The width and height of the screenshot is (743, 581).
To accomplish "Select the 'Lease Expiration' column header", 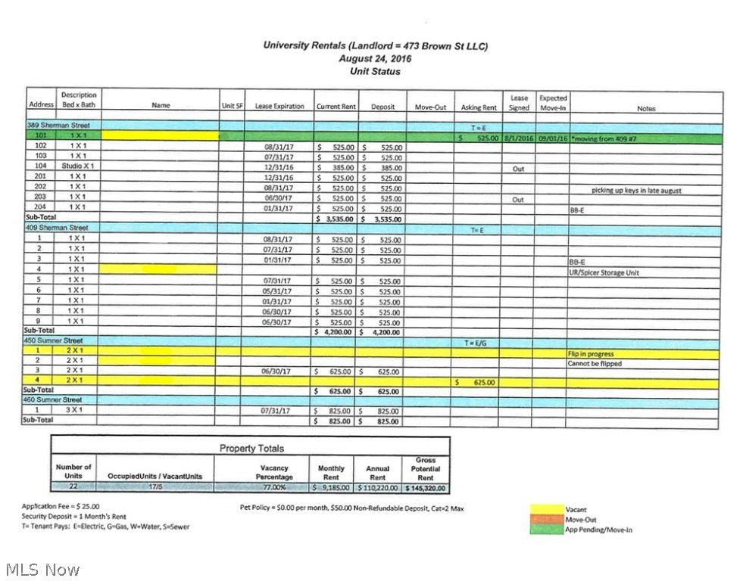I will point(279,107).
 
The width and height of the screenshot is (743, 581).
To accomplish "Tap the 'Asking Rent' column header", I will point(479,107).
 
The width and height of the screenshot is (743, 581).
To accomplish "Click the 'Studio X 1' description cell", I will point(78,166).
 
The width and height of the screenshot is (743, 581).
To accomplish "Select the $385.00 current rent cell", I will point(336,168).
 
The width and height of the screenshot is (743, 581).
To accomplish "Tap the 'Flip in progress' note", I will point(591,354).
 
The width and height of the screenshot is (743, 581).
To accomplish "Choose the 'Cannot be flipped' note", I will point(595,364).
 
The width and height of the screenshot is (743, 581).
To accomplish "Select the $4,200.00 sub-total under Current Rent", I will point(336,331).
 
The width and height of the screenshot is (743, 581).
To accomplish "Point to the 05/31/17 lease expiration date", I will point(277,291).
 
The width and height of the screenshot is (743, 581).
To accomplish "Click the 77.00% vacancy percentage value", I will point(273,488).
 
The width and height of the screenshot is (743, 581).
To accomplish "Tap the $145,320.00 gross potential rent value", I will point(426,488).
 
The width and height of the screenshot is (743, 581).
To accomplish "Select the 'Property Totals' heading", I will point(249,449).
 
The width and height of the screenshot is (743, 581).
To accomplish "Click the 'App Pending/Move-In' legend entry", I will point(598,530).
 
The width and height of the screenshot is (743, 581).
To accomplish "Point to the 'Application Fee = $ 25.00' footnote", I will point(61,506).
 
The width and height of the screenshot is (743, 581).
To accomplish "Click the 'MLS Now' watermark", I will point(42,569).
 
